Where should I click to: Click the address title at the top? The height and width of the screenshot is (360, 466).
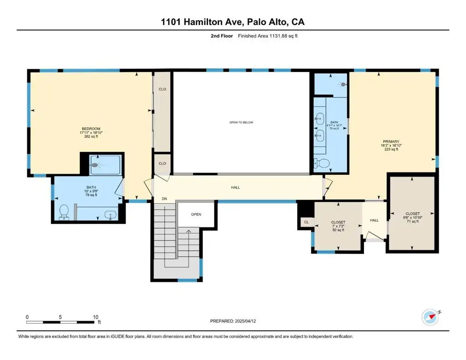pos(233,22)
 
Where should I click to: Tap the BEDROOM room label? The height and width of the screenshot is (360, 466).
pos(91,129)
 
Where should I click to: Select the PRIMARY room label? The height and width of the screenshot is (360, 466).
pos(391,142)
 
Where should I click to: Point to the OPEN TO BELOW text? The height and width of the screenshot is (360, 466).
pos(241,122)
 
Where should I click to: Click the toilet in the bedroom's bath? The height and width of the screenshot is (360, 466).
pos(64,212)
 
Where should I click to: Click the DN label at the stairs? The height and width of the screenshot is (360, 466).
pos(164,198)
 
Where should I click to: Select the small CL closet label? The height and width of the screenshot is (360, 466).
pos(306,222)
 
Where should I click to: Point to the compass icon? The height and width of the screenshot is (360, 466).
pos(431,318)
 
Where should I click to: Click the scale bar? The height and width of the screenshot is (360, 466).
pos(61,322)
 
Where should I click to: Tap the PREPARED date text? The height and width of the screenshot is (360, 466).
pos(233,321)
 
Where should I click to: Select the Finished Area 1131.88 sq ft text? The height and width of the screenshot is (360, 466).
pos(268,36)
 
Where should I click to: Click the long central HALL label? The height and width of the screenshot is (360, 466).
pos(235,188)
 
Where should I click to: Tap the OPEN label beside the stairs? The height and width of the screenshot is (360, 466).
pos(196,214)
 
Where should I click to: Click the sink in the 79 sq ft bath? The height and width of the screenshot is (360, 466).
pos(111,215)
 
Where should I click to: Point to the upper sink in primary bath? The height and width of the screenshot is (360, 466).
pos(319,119)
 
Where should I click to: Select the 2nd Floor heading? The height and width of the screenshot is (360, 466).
pos(222,36)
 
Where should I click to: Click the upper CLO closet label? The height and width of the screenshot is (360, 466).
pos(162,89)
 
